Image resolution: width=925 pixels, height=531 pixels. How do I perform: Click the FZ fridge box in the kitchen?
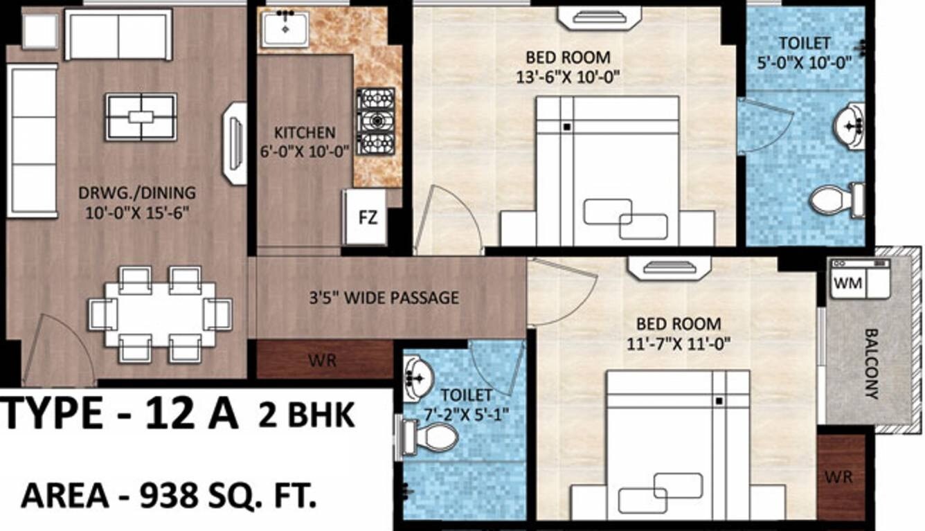366,218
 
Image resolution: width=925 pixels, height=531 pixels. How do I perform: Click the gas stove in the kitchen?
375,122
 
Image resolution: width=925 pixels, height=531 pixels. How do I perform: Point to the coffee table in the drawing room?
141,117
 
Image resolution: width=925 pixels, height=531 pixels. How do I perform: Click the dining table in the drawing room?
160,314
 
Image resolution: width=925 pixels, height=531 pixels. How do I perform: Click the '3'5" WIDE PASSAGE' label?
384,298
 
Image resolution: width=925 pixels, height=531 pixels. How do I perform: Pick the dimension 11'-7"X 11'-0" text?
683,342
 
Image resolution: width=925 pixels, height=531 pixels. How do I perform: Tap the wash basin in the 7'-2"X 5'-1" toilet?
417,377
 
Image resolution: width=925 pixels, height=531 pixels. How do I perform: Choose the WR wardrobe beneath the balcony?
841,476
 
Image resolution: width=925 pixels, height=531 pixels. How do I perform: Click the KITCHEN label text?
305,132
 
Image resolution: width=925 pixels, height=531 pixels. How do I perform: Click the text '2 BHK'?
306,417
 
